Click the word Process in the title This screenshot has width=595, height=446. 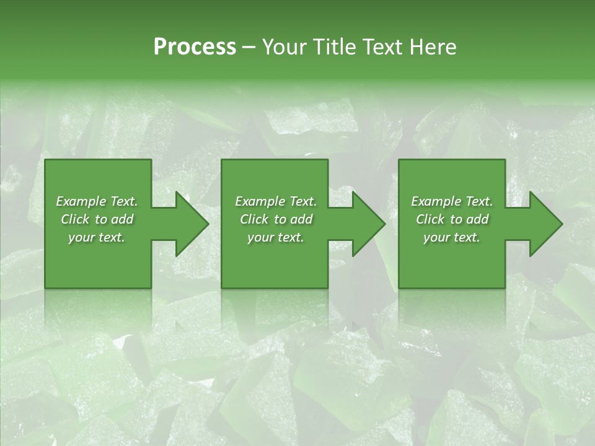click(x=195, y=47)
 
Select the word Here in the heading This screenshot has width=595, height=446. click(x=433, y=47)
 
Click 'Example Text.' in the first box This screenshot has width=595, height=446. click(x=97, y=201)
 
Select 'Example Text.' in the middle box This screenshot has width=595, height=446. click(x=276, y=201)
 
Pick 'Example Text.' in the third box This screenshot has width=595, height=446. click(x=452, y=201)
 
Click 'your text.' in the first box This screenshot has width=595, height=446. click(x=97, y=237)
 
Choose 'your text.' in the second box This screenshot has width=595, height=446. click(x=276, y=237)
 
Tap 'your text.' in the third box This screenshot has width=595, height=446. click(x=452, y=237)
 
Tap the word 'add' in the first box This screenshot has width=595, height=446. click(x=122, y=219)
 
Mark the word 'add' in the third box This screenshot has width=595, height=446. click(x=477, y=219)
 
